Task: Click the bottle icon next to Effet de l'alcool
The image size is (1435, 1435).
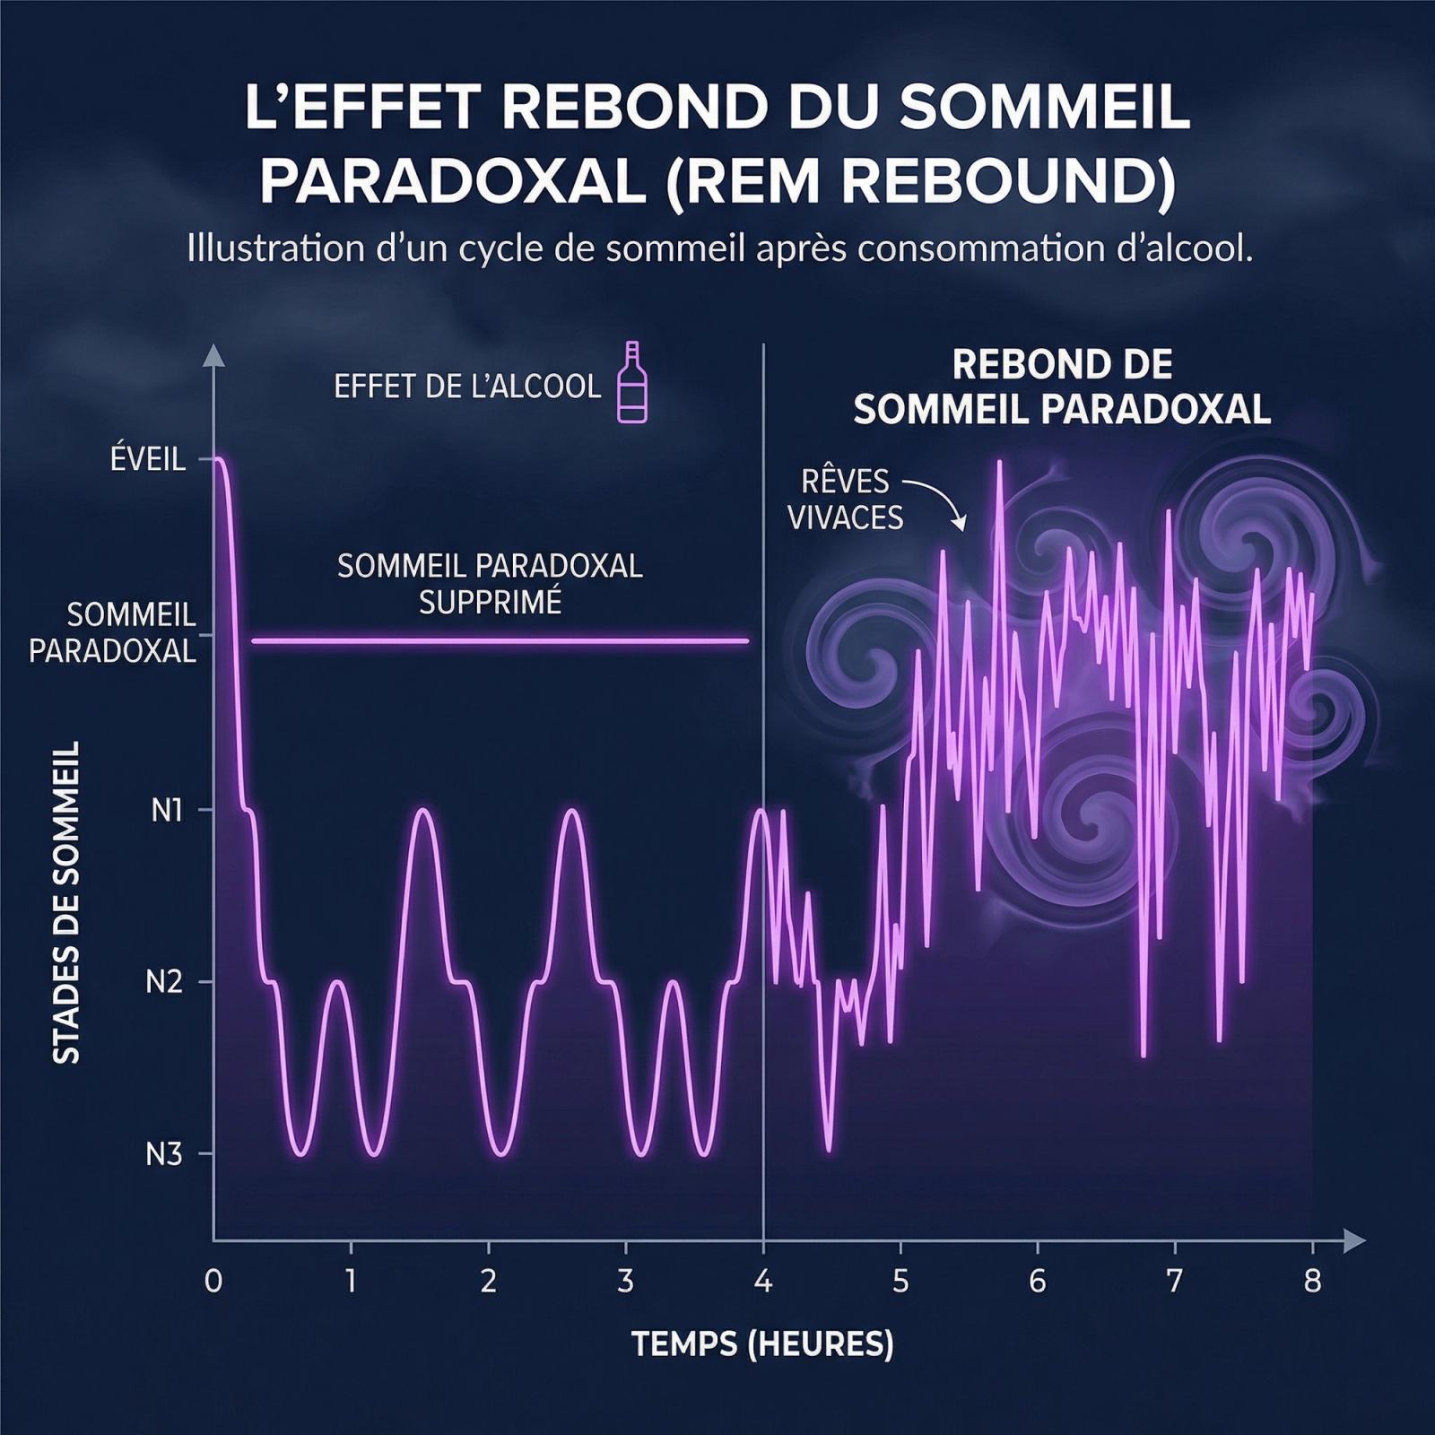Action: [632, 383]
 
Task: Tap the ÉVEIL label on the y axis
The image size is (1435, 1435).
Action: [148, 460]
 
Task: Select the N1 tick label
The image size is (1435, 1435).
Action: [166, 811]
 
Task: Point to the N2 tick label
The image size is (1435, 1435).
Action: [164, 983]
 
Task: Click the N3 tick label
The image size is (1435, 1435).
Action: [164, 1154]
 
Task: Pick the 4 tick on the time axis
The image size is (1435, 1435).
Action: [763, 1282]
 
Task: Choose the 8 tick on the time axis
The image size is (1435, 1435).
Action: [1312, 1282]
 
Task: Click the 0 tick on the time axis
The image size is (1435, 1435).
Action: [213, 1282]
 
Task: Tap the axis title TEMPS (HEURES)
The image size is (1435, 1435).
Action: [762, 1344]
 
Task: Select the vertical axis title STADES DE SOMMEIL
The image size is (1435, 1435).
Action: [66, 902]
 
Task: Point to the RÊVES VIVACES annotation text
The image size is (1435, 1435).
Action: [844, 500]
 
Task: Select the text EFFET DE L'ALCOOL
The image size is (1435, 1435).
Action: [466, 387]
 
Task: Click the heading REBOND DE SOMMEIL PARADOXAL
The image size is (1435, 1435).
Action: [1062, 387]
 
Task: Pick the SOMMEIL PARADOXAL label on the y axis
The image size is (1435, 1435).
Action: [112, 632]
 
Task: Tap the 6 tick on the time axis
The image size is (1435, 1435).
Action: [1038, 1282]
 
